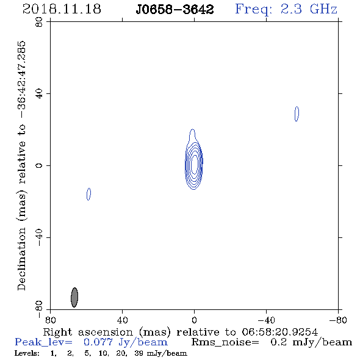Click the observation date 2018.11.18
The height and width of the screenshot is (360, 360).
pyautogui.click(x=62, y=9)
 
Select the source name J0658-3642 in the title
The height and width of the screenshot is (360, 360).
pyautogui.click(x=175, y=10)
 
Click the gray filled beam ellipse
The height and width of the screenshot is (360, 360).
pyautogui.click(x=74, y=297)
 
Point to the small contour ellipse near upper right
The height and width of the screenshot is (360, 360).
pyautogui.click(x=297, y=113)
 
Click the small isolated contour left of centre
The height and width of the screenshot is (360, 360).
pyautogui.click(x=88, y=194)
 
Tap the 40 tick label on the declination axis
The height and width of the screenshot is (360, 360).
pyautogui.click(x=39, y=94)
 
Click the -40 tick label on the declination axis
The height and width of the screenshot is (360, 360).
pyautogui.click(x=39, y=237)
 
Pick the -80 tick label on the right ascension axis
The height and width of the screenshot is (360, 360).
pyautogui.click(x=338, y=320)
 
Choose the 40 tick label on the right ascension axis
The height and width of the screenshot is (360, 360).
pyautogui.click(x=122, y=320)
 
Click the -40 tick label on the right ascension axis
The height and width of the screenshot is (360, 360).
pyautogui.click(x=266, y=320)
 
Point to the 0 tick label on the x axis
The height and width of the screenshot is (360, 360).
pyautogui.click(x=194, y=320)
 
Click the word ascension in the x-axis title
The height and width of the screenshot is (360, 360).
pyautogui.click(x=105, y=332)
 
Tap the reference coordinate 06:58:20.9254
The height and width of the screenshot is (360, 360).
pyautogui.click(x=279, y=332)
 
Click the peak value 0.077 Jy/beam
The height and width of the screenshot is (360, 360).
pyautogui.click(x=125, y=342)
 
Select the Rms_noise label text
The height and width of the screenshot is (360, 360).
pyautogui.click(x=225, y=342)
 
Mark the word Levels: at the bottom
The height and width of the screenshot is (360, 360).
pyautogui.click(x=27, y=353)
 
